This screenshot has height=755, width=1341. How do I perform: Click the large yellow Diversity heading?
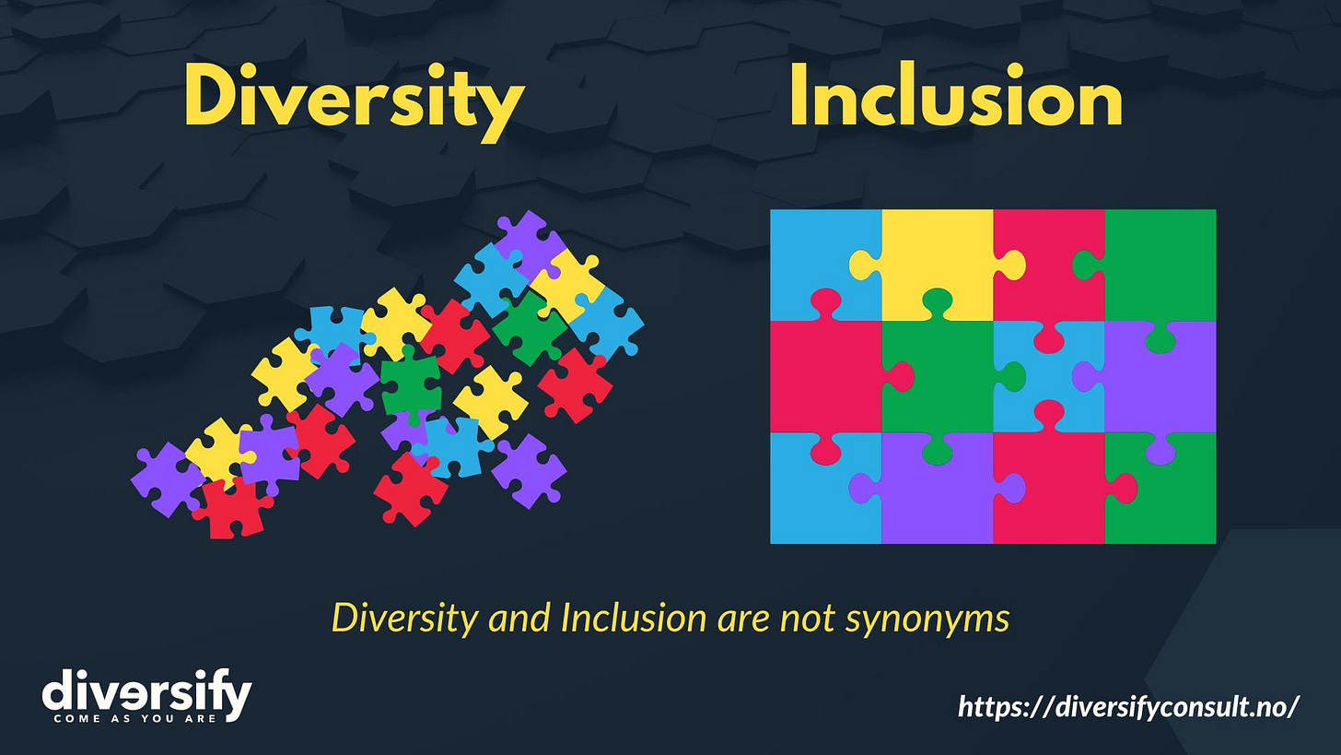(354, 98)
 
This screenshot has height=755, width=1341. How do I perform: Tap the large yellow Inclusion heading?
(955, 98)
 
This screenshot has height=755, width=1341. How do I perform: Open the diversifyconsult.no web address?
(1128, 706)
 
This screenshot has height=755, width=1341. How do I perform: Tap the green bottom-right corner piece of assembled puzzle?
(1165, 493)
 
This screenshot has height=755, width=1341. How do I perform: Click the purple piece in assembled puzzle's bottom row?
(935, 493)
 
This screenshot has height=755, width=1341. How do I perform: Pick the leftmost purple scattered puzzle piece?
(166, 478)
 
